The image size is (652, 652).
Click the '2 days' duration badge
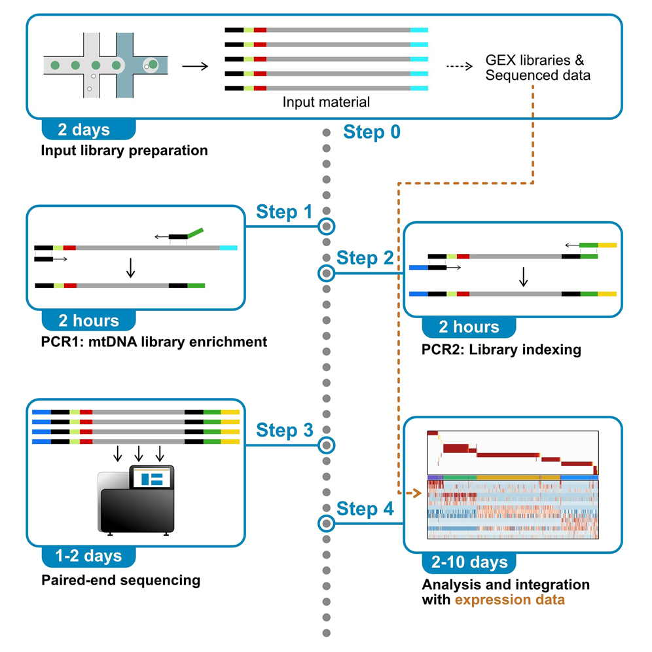(88, 130)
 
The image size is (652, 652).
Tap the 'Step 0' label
(372, 133)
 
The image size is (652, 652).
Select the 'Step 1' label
(285, 212)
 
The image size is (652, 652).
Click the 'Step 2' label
(365, 258)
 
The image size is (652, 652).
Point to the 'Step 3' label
(285, 430)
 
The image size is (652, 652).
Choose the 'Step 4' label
(365, 509)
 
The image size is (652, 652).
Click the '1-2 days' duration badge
(89, 556)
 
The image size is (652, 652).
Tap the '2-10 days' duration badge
(468, 562)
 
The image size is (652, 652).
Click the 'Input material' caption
(326, 102)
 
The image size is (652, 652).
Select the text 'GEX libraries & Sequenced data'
(537, 67)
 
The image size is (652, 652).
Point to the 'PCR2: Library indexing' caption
(501, 350)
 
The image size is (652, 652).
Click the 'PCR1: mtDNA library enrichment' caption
(154, 342)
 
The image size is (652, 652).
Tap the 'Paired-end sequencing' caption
(120, 580)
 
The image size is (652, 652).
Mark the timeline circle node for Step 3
(326, 445)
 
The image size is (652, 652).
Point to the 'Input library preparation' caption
(124, 151)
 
